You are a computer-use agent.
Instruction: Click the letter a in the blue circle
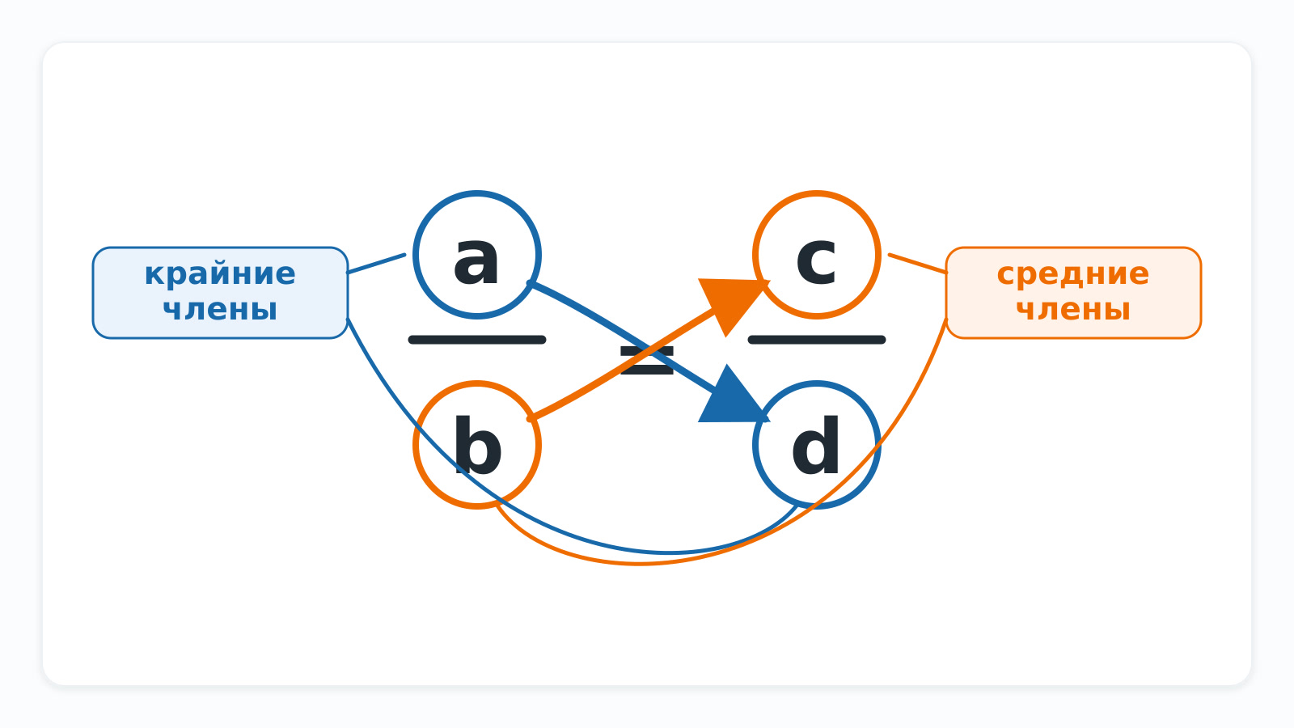(476, 260)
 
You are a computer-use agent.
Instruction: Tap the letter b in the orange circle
(478, 445)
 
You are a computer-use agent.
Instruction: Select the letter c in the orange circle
(816, 260)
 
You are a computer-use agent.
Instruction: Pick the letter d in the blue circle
(815, 445)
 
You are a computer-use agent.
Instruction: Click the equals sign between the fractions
(647, 361)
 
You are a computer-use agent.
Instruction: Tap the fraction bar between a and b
(477, 340)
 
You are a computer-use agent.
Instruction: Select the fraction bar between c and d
(817, 340)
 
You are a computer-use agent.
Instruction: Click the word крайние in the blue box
(220, 274)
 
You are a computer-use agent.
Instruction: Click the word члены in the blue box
(220, 310)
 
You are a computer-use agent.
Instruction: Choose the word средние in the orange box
(1073, 274)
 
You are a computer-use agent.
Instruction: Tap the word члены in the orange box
(1073, 310)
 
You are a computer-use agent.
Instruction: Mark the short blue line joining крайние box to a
(376, 264)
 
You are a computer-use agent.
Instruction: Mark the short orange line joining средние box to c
(918, 264)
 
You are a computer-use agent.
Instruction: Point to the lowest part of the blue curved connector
(667, 553)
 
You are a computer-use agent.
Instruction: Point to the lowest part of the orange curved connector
(638, 563)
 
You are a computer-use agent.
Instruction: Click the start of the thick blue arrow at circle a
(531, 283)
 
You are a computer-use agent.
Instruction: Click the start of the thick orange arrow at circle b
(531, 417)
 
